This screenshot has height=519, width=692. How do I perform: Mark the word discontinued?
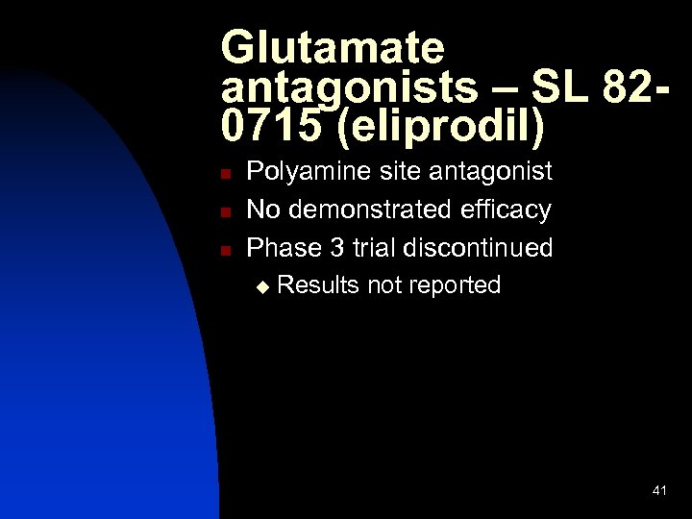pyautogui.click(x=479, y=248)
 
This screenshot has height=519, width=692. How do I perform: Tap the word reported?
pyautogui.click(x=455, y=286)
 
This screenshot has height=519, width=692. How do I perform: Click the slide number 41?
pyautogui.click(x=659, y=491)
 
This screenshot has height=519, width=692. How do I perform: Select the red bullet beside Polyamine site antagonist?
pyautogui.click(x=223, y=174)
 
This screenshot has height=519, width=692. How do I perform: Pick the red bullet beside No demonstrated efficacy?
pyautogui.click(x=223, y=211)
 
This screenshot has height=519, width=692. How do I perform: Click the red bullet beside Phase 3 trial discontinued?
pyautogui.click(x=223, y=250)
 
